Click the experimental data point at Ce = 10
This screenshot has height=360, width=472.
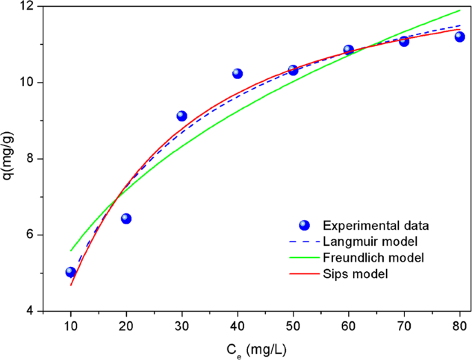[70, 272]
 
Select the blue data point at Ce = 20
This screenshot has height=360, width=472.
[126, 218]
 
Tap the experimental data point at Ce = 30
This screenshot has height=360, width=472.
[182, 116]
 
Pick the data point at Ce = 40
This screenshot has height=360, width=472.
[238, 73]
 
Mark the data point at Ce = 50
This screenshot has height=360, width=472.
[293, 70]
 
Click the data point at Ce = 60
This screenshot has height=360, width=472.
[349, 50]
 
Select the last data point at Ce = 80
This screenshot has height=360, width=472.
[460, 36]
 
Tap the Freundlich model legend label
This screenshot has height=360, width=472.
[372, 257]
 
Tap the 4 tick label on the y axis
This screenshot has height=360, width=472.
[32, 311]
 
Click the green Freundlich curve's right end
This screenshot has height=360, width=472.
[460, 10]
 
